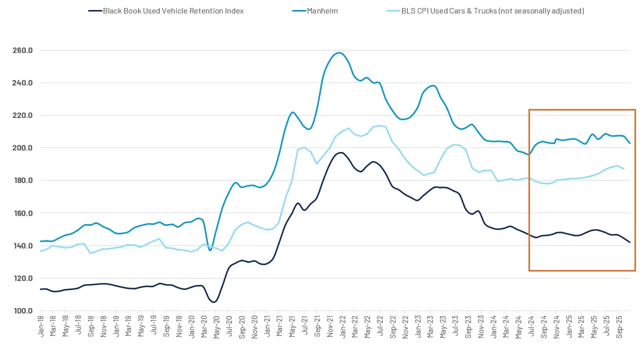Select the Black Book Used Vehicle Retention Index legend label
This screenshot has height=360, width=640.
tap(173, 10)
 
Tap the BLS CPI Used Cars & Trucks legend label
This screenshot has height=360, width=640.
tap(493, 10)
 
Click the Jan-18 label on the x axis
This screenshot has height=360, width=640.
tap(40, 324)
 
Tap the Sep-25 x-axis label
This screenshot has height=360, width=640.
tap(618, 324)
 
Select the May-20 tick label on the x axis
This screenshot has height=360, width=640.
tap(216, 324)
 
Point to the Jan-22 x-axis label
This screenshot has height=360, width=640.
tap(342, 324)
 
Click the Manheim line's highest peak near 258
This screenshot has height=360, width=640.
tap(339, 52)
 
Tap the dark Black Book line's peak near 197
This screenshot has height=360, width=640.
tap(341, 152)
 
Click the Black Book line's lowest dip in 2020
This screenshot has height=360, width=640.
tap(213, 302)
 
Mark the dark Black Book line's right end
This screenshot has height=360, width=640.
tap(630, 242)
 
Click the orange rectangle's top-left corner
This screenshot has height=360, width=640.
tap(529, 109)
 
